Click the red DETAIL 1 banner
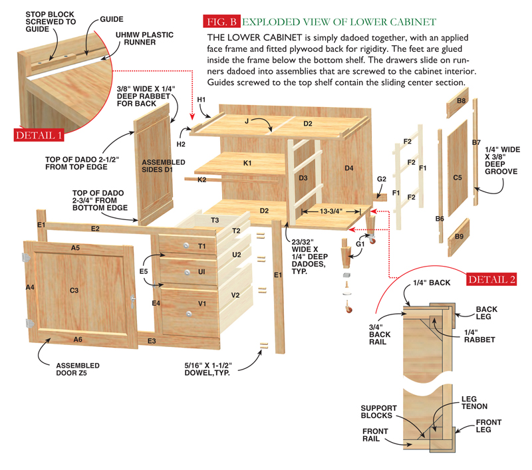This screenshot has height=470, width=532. pos(39,135)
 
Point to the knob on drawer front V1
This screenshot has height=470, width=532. pos(188,312)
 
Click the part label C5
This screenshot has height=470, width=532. pos(457,178)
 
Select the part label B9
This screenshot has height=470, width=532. pos(460,236)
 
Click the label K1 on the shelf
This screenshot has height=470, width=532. pos(247,163)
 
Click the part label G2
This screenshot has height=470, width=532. pos(382,179)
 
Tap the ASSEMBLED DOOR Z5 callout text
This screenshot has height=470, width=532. pos(78,370)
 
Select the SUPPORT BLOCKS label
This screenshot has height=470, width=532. pos(379,411)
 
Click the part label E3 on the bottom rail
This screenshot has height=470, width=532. pos(152,341)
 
